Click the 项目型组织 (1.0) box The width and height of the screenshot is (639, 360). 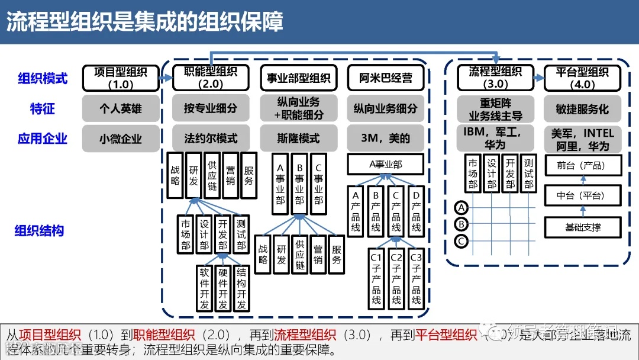point(121,78)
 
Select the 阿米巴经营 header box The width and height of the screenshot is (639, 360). point(386,78)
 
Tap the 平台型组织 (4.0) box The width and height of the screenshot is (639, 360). point(582,78)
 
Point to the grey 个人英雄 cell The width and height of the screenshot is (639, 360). point(121,109)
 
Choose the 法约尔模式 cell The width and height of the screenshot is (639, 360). point(211,139)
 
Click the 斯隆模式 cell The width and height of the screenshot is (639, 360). point(299,139)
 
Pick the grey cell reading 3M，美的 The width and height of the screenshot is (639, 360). point(386,139)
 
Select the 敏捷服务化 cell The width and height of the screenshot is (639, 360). point(582,109)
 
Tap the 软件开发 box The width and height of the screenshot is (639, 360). point(205,288)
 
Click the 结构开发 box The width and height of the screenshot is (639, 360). point(241,288)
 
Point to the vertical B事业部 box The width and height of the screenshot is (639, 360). point(299,184)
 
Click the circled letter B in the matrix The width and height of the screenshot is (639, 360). point(462,224)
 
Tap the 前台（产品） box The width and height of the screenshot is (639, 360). point(581,166)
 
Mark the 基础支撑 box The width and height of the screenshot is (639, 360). point(581,227)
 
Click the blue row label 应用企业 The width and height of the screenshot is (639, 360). point(43,139)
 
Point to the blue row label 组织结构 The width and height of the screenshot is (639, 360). point(39,231)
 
